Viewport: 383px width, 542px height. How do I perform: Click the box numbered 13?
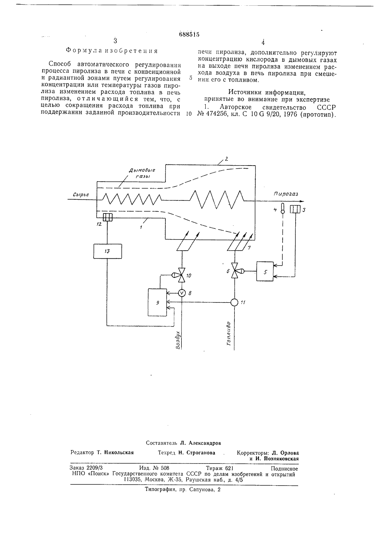click(x=108, y=251)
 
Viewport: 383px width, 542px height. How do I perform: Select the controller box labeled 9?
click(x=157, y=302)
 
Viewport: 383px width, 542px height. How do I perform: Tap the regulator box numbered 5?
click(x=265, y=271)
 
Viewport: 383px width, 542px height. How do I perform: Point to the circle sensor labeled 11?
click(x=234, y=302)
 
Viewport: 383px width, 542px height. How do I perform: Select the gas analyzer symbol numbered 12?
click(x=108, y=217)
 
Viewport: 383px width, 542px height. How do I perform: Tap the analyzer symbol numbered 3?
click(x=295, y=209)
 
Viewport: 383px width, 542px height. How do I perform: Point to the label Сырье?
click(x=81, y=194)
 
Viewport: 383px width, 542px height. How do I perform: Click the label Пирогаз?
click(x=286, y=194)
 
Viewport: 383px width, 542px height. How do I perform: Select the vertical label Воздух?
click(x=178, y=340)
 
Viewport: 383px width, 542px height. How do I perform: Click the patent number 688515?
click(x=189, y=34)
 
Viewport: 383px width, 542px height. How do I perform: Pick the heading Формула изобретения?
click(x=112, y=51)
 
